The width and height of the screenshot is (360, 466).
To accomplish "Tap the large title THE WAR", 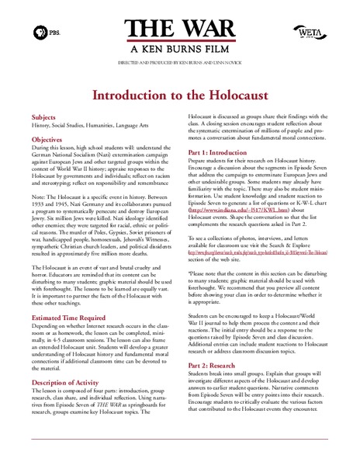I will point(179,30).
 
